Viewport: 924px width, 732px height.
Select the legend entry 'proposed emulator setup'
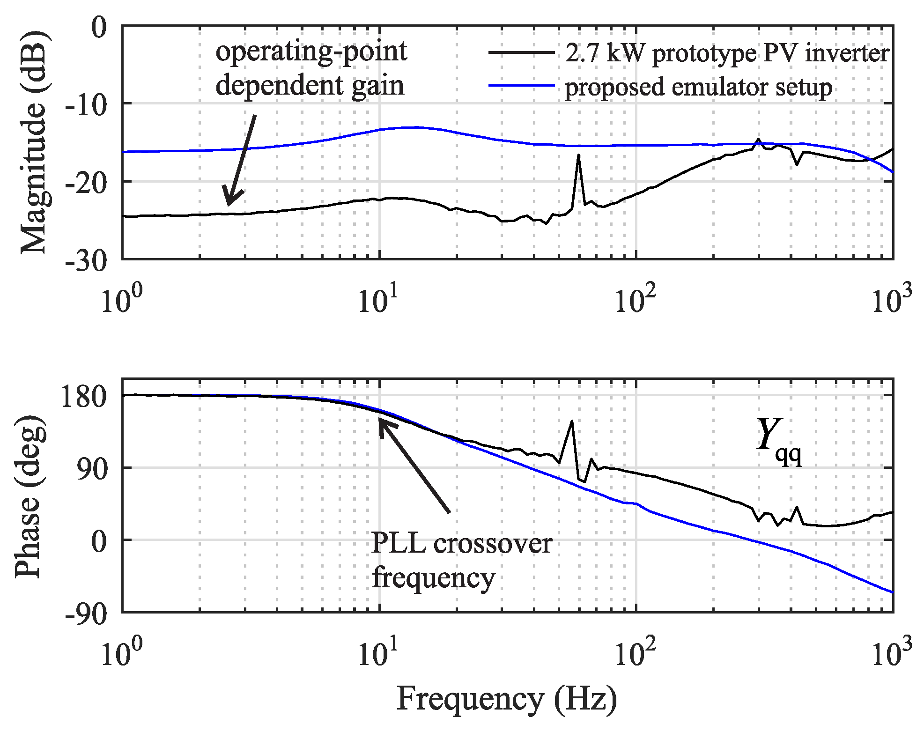pyautogui.click(x=698, y=88)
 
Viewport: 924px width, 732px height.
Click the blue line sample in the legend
pyautogui.click(x=521, y=86)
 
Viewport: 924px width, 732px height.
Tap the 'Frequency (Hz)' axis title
pyautogui.click(x=507, y=699)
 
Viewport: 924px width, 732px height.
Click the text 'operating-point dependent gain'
pyautogui.click(x=310, y=68)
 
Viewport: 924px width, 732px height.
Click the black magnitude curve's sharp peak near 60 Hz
pyautogui.click(x=579, y=155)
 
